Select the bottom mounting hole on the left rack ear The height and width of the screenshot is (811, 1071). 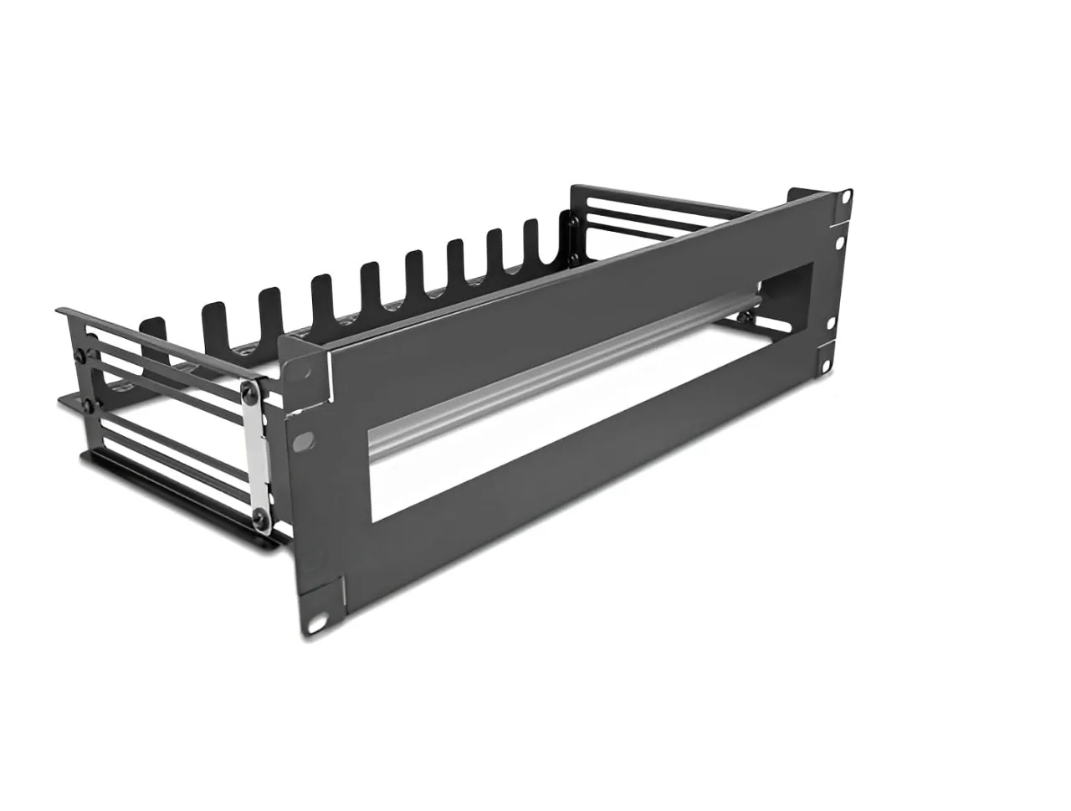(x=319, y=622)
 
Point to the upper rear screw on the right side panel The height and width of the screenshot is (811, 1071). (x=573, y=221)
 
